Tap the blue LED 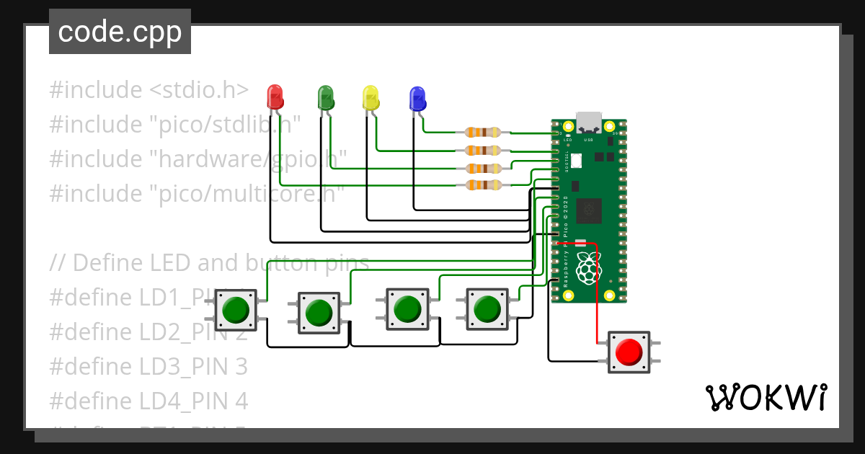coord(417,98)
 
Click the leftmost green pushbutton coord(236,311)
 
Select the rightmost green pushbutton coord(487,309)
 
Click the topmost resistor coord(482,132)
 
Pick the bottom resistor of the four coord(482,186)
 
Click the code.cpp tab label coord(120,32)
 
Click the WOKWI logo coord(766,397)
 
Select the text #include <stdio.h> coord(149,90)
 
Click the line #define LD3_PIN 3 coord(148,367)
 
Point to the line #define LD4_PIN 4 coord(148,401)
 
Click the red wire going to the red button coord(596,303)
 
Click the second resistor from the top coord(482,151)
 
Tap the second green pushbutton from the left coord(319,313)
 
